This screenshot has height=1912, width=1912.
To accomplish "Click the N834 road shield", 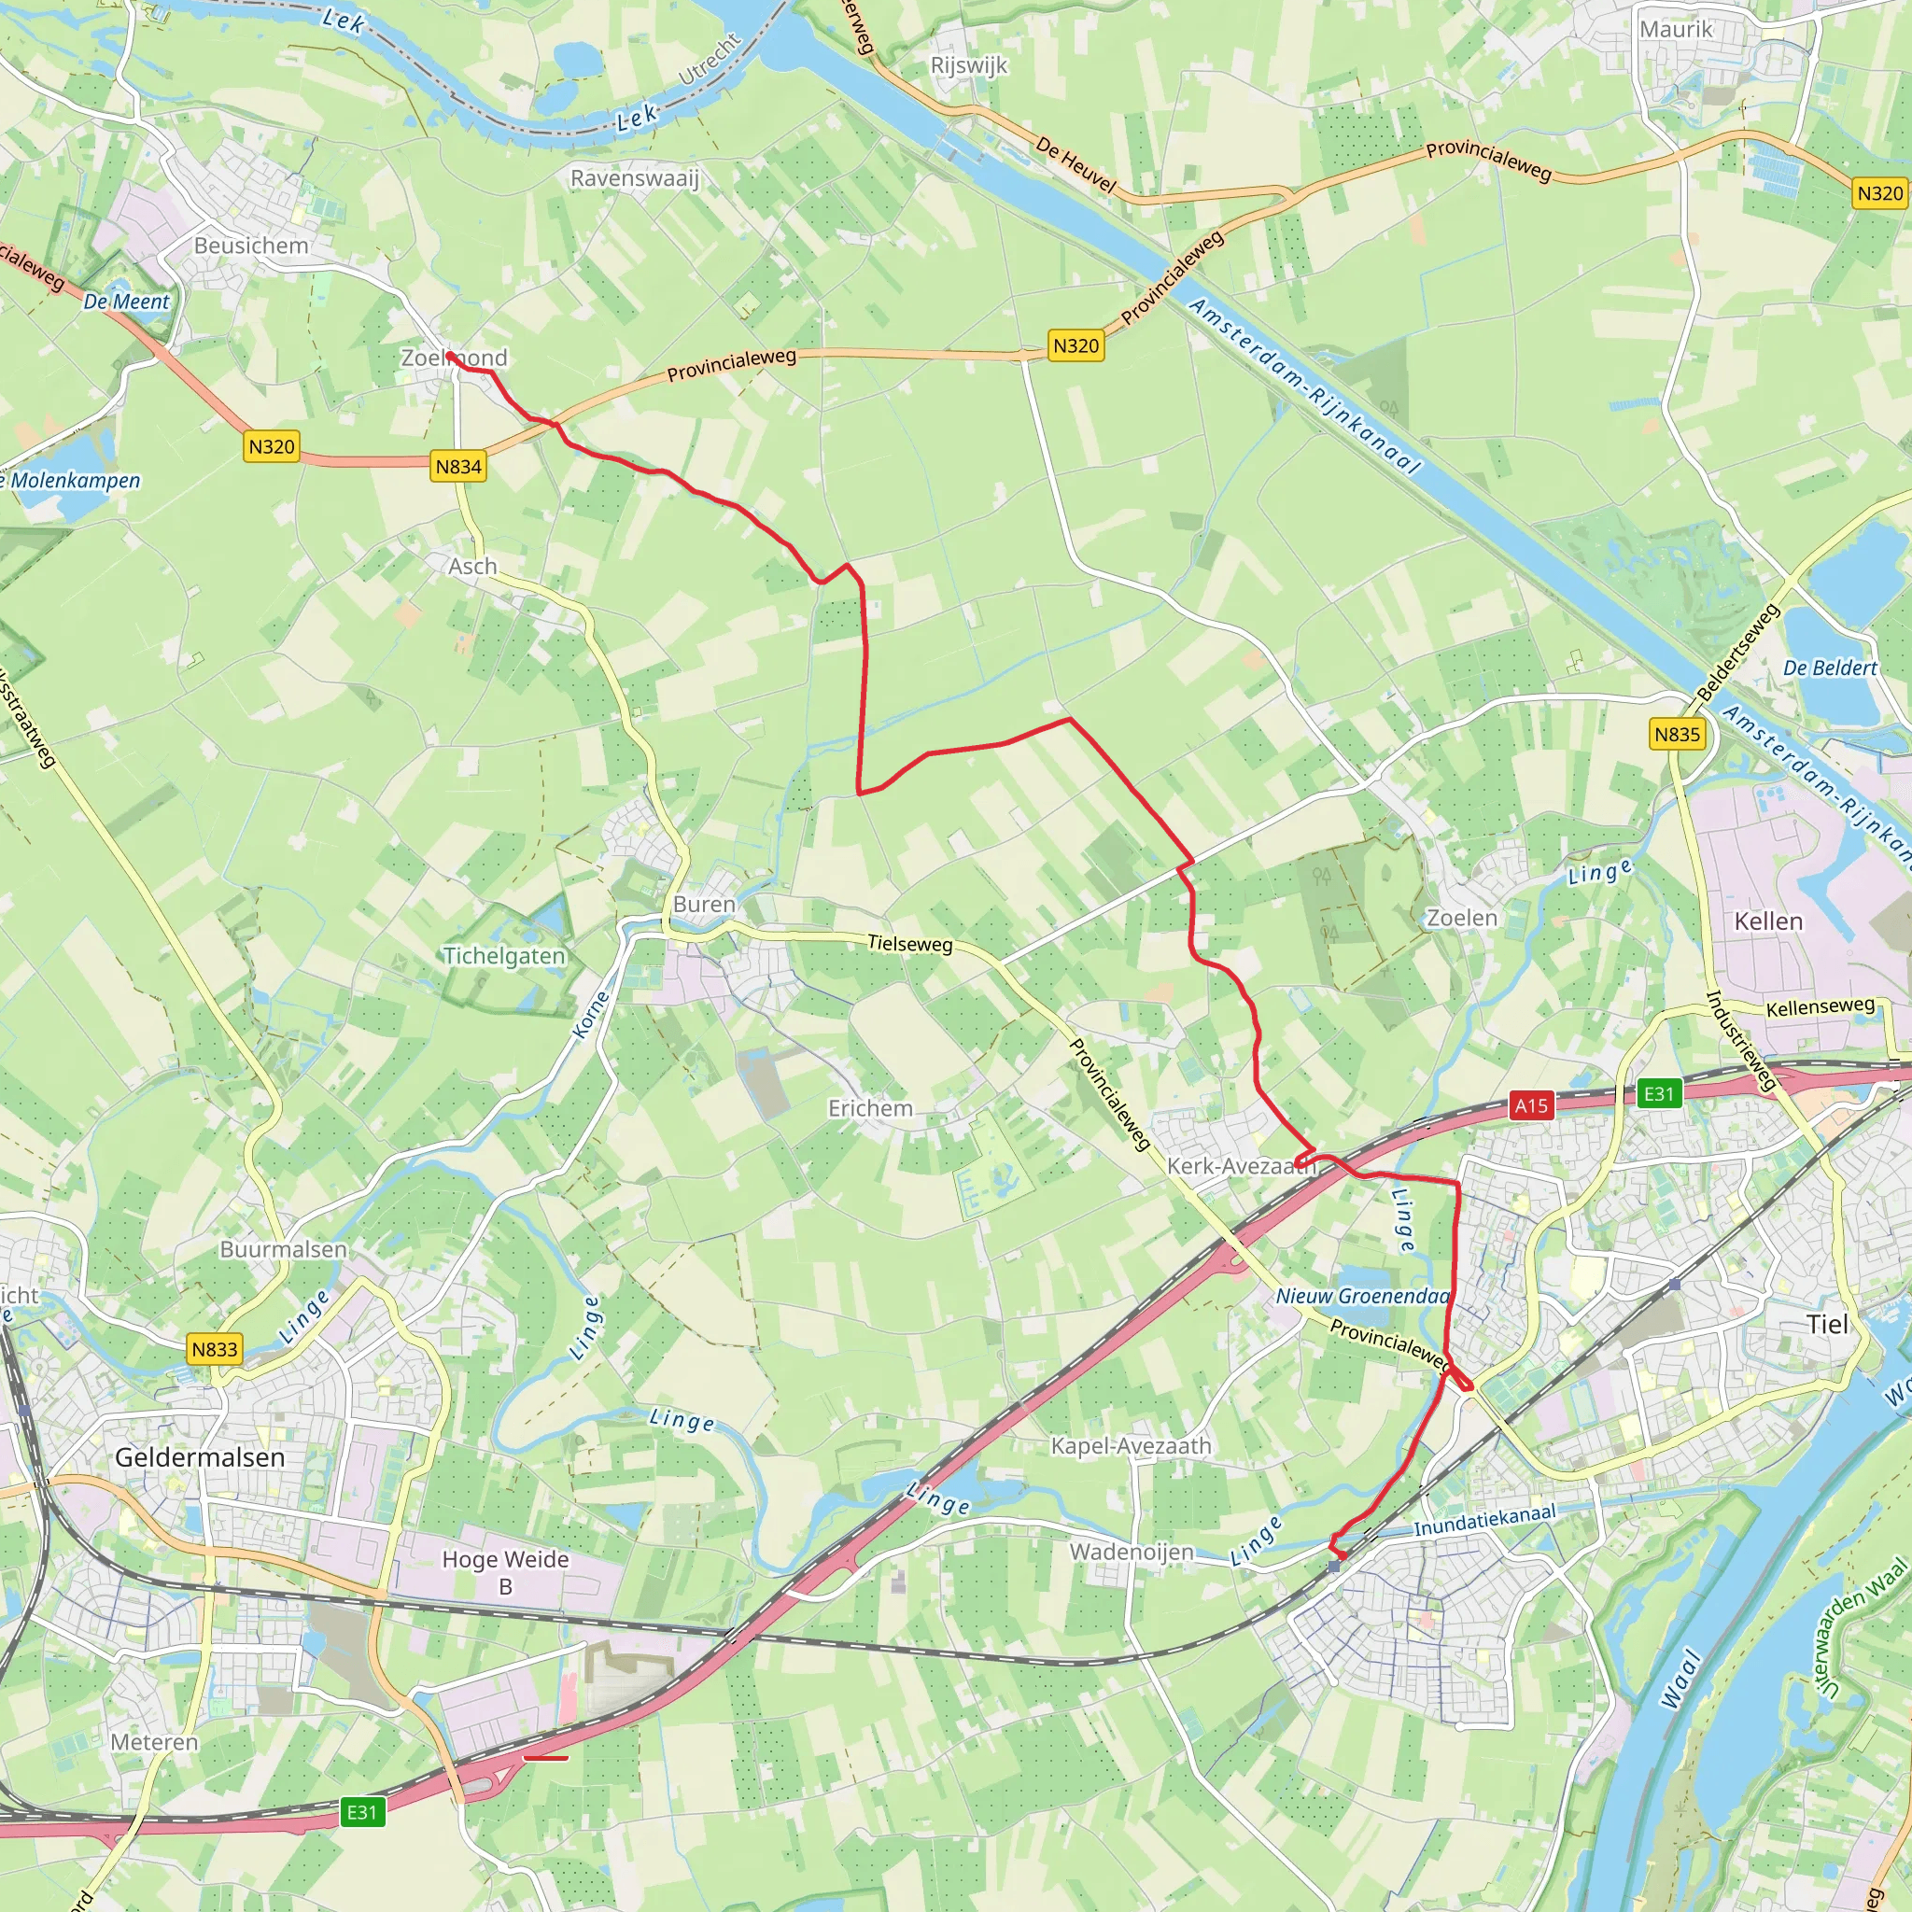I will (x=458, y=466).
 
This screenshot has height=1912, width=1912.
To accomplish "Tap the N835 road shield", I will (x=1677, y=735).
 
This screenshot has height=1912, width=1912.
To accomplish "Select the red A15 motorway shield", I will (x=1530, y=1105).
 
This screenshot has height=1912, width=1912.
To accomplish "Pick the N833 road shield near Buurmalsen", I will (x=215, y=1349).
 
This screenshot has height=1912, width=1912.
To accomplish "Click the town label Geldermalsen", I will (x=200, y=1456).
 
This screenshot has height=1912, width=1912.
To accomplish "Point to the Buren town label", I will (x=704, y=905).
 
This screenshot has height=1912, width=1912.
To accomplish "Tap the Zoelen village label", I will (x=1462, y=918).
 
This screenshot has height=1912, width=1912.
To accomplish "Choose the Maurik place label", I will (x=1676, y=30).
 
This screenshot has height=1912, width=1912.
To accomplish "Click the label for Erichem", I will (x=870, y=1108).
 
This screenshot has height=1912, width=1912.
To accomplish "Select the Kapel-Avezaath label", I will (x=1131, y=1446).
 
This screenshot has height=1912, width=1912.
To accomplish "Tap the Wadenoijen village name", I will (x=1132, y=1552).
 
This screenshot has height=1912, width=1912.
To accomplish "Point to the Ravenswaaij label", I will (x=634, y=178).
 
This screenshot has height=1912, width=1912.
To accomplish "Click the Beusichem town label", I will (x=251, y=246).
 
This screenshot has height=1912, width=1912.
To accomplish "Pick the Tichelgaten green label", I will (x=504, y=956).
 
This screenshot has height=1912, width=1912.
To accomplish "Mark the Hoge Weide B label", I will (x=505, y=1572).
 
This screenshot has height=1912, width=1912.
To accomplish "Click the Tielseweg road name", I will (x=909, y=943).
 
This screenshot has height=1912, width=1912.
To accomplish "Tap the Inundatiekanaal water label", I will (x=1484, y=1520).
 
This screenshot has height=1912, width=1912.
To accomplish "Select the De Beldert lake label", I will (x=1830, y=668).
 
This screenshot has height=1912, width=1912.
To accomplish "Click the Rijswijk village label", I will (x=969, y=65).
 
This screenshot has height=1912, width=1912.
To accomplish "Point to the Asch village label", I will (x=472, y=566).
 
